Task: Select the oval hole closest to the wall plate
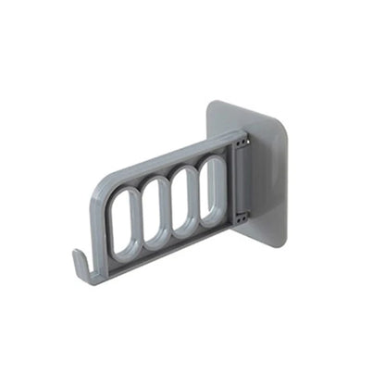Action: tap(212, 192)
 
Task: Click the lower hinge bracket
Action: tap(240, 218)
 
